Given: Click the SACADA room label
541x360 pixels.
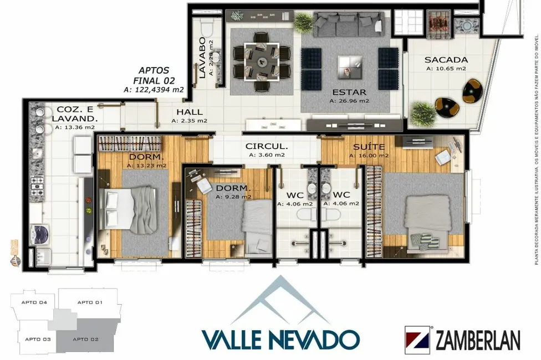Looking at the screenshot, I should (x=446, y=60).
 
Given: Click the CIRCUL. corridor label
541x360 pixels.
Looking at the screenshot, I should (x=267, y=147).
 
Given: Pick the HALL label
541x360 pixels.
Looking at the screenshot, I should (x=190, y=111).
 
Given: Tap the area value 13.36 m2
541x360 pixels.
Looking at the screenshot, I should (x=75, y=127).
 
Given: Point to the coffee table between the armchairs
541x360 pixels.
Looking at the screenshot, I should (x=349, y=68).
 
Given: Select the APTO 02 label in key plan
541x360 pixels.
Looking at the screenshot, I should (x=86, y=339).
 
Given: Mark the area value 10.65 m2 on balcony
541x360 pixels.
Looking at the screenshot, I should (x=446, y=69).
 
